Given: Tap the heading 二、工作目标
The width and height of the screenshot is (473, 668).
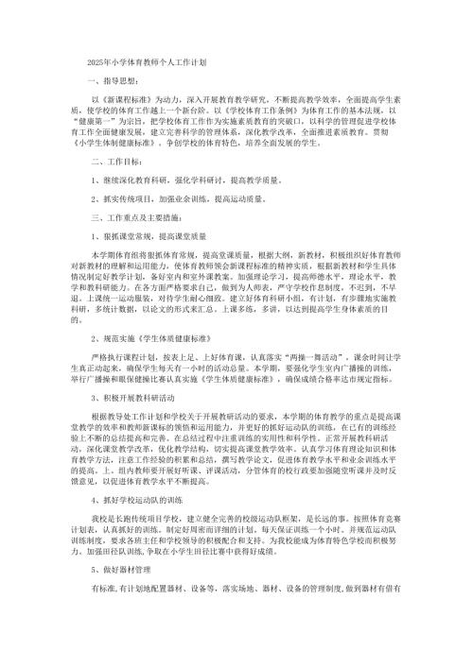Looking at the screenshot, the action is tap(101, 162).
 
